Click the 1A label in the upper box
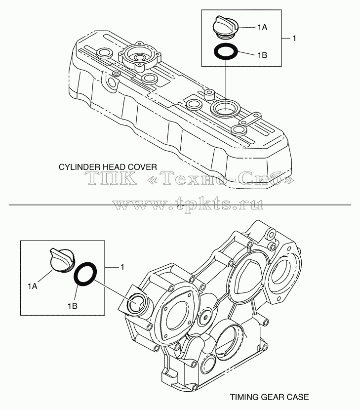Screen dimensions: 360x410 [262, 27]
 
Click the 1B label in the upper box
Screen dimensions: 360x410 [262, 55]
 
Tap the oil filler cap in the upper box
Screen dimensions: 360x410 [226, 26]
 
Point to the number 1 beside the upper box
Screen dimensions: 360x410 [294, 39]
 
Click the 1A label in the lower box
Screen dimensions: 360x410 [33, 287]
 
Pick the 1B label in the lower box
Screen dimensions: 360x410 [73, 306]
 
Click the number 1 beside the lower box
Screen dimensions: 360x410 [122, 267]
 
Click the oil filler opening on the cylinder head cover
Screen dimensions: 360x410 [225, 108]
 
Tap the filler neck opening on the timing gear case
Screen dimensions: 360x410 [136, 304]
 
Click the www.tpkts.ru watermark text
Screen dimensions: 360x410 [188, 204]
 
